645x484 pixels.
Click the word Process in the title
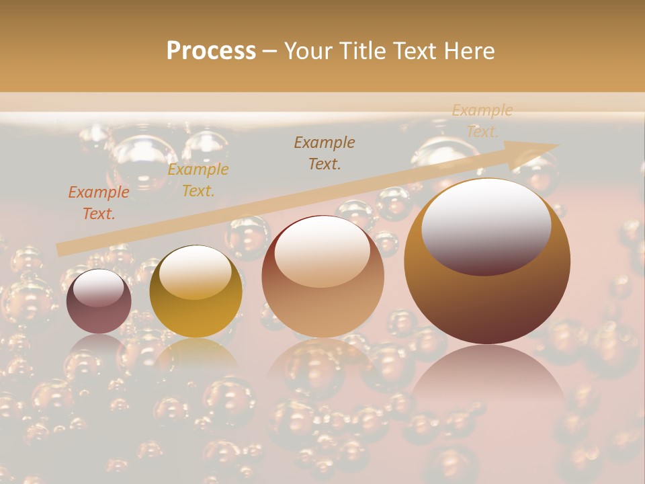(211, 50)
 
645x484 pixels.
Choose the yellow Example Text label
(198, 180)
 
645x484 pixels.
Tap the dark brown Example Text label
(325, 153)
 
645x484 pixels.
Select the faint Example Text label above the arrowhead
(482, 121)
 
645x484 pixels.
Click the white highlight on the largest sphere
(486, 225)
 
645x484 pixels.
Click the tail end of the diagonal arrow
(62, 249)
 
